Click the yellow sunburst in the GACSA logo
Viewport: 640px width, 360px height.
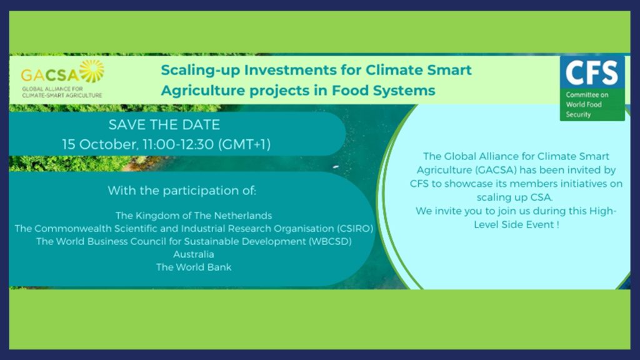pos(92,71)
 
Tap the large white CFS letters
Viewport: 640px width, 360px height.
pos(592,72)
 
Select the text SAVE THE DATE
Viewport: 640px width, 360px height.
pos(164,124)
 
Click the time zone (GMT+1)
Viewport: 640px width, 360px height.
pos(244,144)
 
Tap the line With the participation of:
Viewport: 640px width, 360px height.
pos(182,191)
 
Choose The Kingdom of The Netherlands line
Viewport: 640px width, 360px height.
pos(194,216)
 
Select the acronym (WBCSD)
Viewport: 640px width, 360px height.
pos(330,242)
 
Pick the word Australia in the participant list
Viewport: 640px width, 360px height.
pos(194,254)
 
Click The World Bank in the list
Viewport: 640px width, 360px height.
pos(194,267)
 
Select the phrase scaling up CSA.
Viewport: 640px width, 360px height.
pos(514,197)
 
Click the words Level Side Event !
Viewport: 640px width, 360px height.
pos(516,224)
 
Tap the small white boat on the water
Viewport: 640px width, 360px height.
pos(336,166)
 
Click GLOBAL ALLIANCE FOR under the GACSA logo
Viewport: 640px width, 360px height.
pos(52,89)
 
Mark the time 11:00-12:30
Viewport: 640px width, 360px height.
pos(178,144)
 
